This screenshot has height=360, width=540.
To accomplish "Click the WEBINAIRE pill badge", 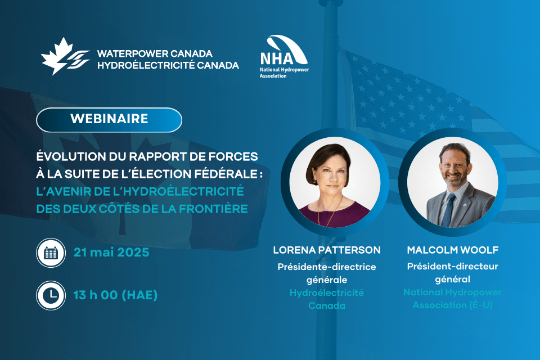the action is pos(109,120).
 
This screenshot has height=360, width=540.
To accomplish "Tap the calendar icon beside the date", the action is pos(51,253).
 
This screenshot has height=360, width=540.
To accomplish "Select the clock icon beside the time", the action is pos(51,295).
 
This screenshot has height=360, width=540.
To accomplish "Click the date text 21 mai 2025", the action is pos(111,253).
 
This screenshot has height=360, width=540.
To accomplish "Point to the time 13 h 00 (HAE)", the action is pos(115,295).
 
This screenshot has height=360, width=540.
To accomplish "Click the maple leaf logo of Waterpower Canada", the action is pos(65,56).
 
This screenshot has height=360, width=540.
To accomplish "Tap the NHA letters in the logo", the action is pos(277,58).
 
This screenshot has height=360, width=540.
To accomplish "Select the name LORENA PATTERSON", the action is pos(327,250).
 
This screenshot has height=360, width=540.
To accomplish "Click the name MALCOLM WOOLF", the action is pos(452,250).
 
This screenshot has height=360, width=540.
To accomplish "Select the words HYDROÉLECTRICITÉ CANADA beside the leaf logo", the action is pos(168,65).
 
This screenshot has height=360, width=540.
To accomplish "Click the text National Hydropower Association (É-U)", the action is pos(452,299).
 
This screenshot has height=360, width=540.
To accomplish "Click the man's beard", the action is pos(455,179).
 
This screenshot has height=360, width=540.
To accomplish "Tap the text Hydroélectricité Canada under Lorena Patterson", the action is pos(327,299).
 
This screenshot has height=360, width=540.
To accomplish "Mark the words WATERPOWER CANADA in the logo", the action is pos(155,54).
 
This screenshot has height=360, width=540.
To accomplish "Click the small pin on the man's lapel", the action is pos(465,205).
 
